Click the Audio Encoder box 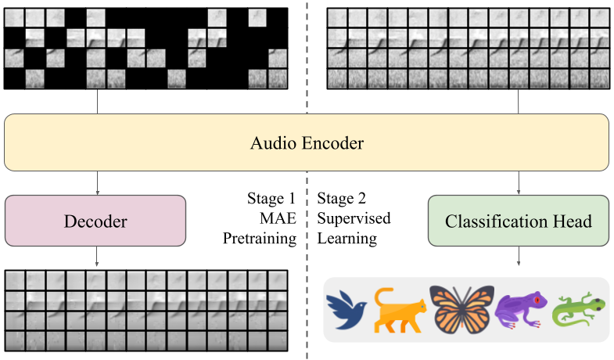pyautogui.click(x=307, y=142)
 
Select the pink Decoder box pyautogui.click(x=95, y=221)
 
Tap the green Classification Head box pyautogui.click(x=519, y=221)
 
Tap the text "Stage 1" pyautogui.click(x=271, y=199)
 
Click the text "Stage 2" pyautogui.click(x=343, y=199)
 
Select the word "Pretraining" pyautogui.click(x=260, y=237)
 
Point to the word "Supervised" pyautogui.click(x=354, y=218)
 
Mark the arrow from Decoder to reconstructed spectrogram pyautogui.click(x=95, y=256)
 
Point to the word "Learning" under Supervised pyautogui.click(x=347, y=237)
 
